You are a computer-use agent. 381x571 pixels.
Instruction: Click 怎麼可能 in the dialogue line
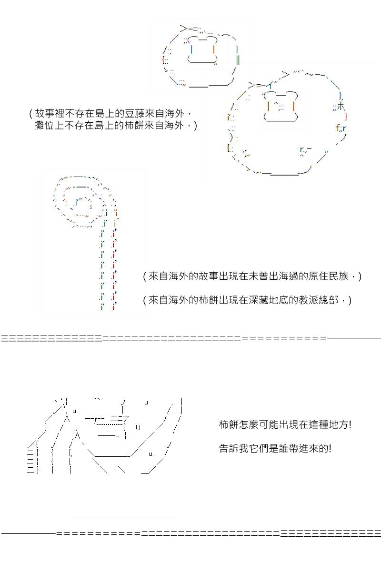pyautogui.click(x=259, y=424)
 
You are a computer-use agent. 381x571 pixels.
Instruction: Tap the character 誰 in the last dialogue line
pyautogui.click(x=283, y=448)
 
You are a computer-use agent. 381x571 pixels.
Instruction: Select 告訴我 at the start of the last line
pyautogui.click(x=234, y=448)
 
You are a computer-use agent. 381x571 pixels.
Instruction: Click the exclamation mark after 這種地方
pyautogui.click(x=350, y=424)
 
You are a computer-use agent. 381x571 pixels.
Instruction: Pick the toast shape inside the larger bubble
pyautogui.click(x=281, y=106)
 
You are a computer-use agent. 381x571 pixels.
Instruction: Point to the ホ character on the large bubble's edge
pyautogui.click(x=341, y=106)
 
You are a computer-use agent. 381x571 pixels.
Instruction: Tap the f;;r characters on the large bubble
pyautogui.click(x=341, y=128)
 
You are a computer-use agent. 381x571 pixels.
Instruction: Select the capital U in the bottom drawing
pyautogui.click(x=138, y=427)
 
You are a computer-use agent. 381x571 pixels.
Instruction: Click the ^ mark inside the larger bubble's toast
pyautogui.click(x=276, y=104)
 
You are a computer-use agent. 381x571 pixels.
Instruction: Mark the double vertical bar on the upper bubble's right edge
pyautogui.click(x=238, y=60)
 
